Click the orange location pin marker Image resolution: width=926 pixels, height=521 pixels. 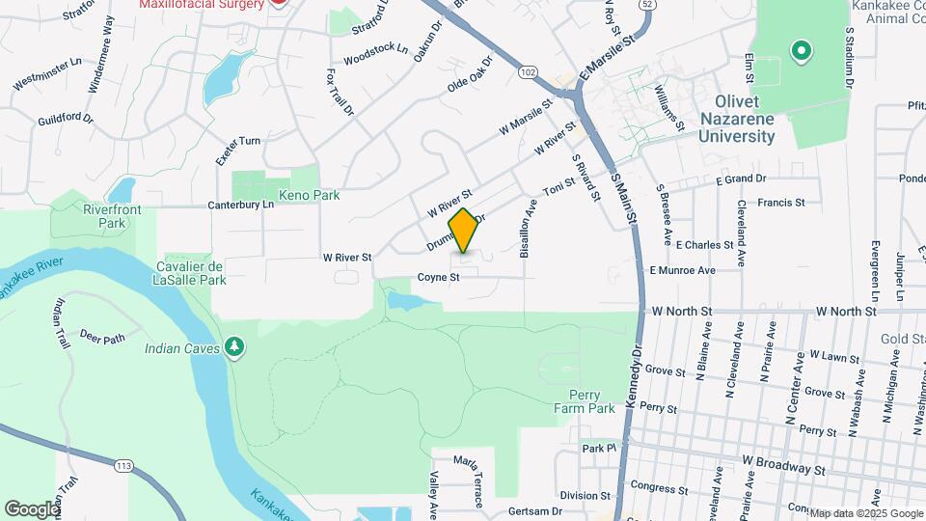click(464, 231)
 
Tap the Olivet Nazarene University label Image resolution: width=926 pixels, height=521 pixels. click(738, 119)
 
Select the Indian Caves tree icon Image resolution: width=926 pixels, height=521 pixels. click(233, 346)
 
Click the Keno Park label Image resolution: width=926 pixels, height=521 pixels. click(309, 195)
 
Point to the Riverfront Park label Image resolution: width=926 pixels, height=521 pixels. click(105, 215)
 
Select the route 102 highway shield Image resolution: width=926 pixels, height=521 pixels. click(527, 72)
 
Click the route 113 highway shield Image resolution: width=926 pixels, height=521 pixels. click(123, 466)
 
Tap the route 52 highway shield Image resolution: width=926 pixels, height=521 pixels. click(646, 5)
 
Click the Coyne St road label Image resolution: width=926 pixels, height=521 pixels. click(437, 278)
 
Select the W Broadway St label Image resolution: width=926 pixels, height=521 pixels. click(784, 467)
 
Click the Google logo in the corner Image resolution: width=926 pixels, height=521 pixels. click(32, 508)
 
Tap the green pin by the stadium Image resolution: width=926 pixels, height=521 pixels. click(799, 49)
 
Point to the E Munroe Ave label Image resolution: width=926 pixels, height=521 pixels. click(682, 271)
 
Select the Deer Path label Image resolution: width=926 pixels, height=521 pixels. click(103, 338)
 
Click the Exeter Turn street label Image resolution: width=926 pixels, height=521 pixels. click(237, 141)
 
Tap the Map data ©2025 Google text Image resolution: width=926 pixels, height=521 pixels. click(866, 513)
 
